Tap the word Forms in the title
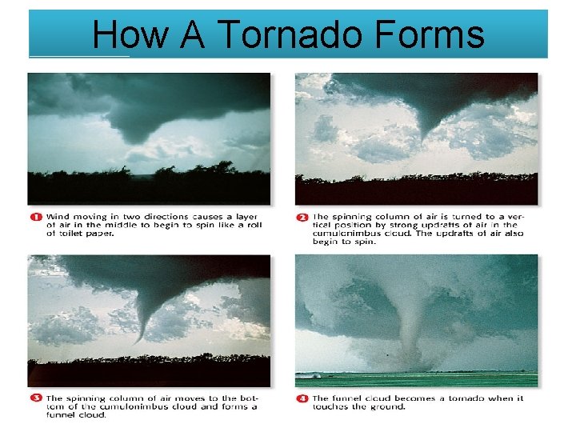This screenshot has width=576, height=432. (x=429, y=35)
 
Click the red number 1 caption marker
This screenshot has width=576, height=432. (x=35, y=217)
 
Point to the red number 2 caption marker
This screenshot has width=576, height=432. (x=302, y=217)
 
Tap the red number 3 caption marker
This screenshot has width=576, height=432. (x=35, y=398)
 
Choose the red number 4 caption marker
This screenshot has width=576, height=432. (x=302, y=398)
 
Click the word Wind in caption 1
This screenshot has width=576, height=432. (x=58, y=217)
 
